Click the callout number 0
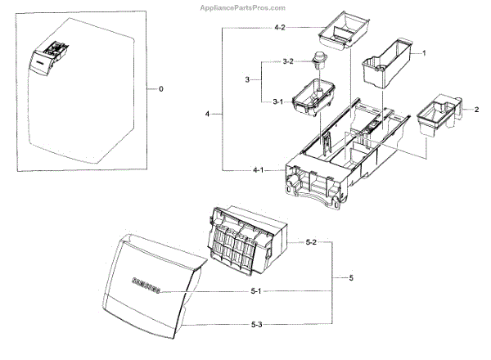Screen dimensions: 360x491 coord(161,88)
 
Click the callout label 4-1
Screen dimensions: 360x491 coord(258,169)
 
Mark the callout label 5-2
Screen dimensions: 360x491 coord(311,243)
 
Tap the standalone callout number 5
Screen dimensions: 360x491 coord(350,279)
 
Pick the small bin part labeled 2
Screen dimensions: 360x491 coord(434,114)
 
